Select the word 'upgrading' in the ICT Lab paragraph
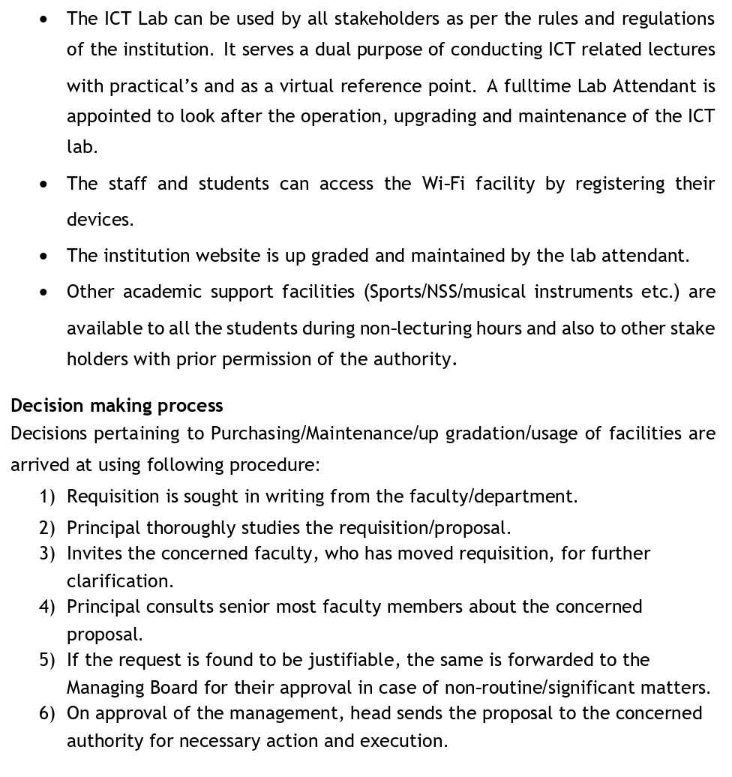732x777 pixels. pyautogui.click(x=451, y=116)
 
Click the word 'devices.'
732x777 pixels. pyautogui.click(x=100, y=219)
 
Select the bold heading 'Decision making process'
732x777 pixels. pyautogui.click(x=117, y=406)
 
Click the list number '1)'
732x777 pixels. pyautogui.click(x=47, y=496)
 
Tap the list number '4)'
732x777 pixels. pyautogui.click(x=47, y=607)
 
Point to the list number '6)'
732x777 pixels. pyautogui.click(x=47, y=713)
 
